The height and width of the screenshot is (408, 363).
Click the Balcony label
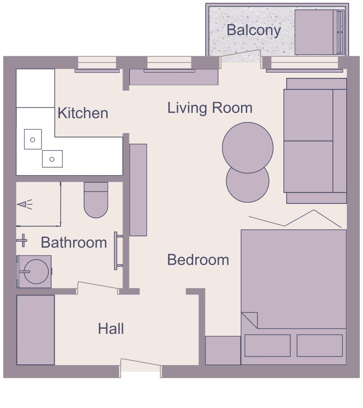pos(254,30)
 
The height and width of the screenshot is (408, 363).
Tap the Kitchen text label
pos(83,113)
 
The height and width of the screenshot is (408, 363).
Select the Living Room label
pos(210,108)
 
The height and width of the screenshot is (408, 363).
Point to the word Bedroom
pos(198,260)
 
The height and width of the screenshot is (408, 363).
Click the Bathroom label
pos(74,243)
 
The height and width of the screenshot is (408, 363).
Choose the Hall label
pos(111,328)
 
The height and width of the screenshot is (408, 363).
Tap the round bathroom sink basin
pos(36,271)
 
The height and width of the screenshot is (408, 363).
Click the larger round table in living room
pos(247,147)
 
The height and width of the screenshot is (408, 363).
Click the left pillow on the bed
pos(267,345)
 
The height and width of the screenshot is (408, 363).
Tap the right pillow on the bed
pos(319,345)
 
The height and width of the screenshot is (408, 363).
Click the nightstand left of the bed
pos(223,350)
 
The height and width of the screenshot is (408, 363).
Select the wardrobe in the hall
pos(36,330)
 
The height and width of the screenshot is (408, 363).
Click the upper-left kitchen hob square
pos(33,139)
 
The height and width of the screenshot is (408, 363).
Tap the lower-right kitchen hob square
pos(52,159)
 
